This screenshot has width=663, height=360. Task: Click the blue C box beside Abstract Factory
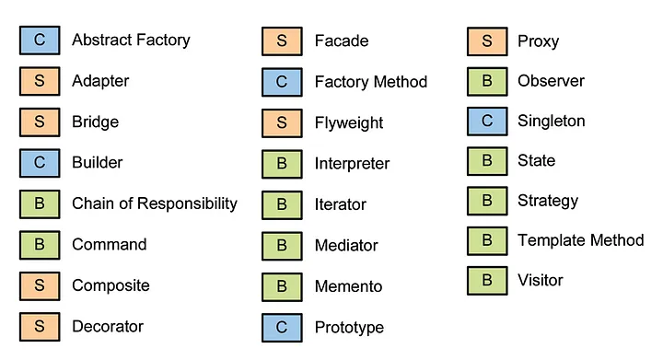click(39, 41)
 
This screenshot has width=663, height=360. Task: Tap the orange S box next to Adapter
click(39, 81)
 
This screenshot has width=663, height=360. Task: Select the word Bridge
click(95, 122)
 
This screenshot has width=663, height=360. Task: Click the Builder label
click(97, 163)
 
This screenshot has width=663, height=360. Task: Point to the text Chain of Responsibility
click(155, 203)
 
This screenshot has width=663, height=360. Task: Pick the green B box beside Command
click(39, 245)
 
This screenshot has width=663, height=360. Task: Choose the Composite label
click(110, 285)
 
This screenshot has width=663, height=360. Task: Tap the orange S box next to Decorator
click(39, 326)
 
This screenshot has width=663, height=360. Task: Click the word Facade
click(341, 41)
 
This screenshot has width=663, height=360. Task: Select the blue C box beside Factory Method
click(282, 82)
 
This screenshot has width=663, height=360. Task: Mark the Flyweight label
click(348, 122)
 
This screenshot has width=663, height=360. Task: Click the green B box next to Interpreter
click(282, 164)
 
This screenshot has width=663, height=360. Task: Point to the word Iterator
click(340, 204)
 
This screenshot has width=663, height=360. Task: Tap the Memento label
click(348, 286)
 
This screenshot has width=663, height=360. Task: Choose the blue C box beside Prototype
click(282, 327)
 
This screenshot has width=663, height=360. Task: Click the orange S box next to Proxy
click(487, 41)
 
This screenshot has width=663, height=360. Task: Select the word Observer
click(551, 81)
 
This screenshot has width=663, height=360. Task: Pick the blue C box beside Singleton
click(487, 122)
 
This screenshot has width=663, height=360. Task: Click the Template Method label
click(580, 240)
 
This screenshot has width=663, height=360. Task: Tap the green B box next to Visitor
click(487, 281)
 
